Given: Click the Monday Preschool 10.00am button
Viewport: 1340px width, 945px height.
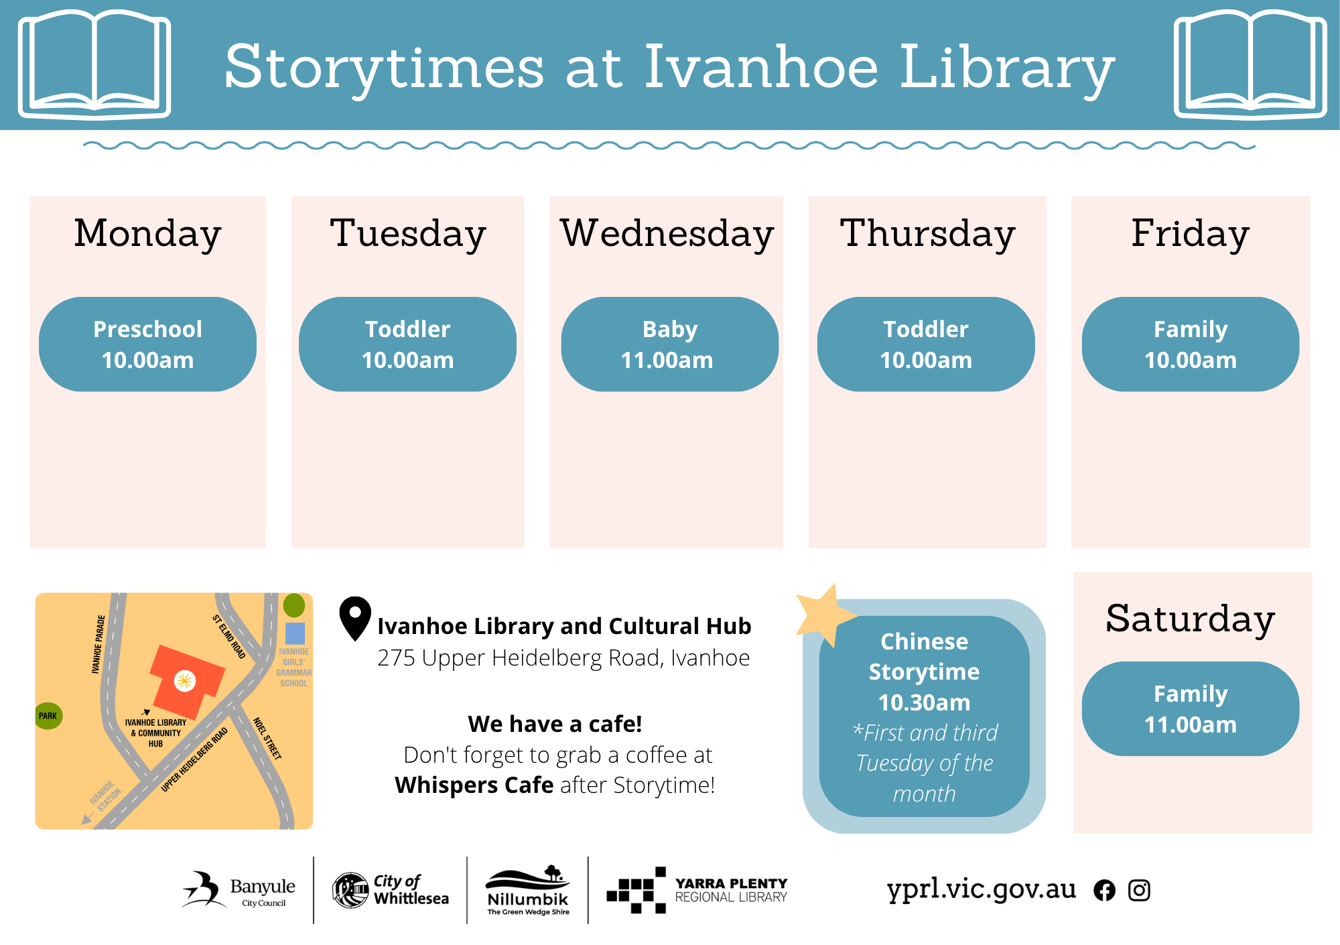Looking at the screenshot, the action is click(147, 344).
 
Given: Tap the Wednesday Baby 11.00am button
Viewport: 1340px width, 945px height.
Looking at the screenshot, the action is click(669, 344).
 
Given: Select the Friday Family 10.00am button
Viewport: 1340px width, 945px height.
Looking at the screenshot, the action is click(1191, 344).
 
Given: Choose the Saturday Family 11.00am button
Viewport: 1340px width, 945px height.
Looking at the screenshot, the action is click(1191, 709).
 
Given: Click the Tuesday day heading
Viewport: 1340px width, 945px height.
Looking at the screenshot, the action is click(407, 235).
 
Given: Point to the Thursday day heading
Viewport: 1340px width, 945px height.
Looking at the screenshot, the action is click(927, 235).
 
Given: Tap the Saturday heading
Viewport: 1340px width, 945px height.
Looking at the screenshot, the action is click(1190, 619).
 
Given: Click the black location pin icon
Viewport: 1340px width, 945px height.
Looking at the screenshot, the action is click(355, 618).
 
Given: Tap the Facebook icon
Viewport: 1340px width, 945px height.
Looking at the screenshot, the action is click(1104, 890).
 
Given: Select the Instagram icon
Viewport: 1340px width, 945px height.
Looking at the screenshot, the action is click(1139, 890).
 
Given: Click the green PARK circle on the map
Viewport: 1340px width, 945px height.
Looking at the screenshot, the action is click(48, 716).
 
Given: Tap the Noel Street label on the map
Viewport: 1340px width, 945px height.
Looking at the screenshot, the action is click(267, 738).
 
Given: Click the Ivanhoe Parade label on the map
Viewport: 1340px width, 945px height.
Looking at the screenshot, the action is click(98, 644).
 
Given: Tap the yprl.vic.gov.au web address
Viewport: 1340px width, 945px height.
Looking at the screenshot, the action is click(982, 889).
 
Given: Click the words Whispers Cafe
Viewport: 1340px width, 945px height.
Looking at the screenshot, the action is click(474, 785).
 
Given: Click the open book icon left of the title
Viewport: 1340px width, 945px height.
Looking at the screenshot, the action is click(94, 64).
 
